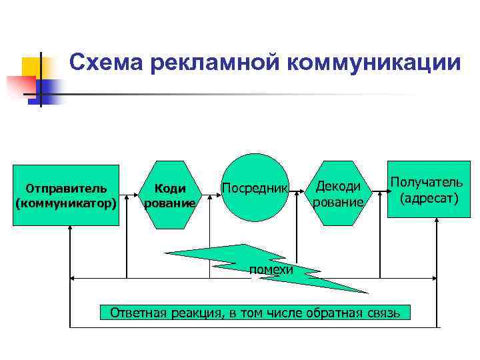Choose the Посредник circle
point(254,187)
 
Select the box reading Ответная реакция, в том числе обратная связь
point(255,312)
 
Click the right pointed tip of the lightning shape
point(367,292)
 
